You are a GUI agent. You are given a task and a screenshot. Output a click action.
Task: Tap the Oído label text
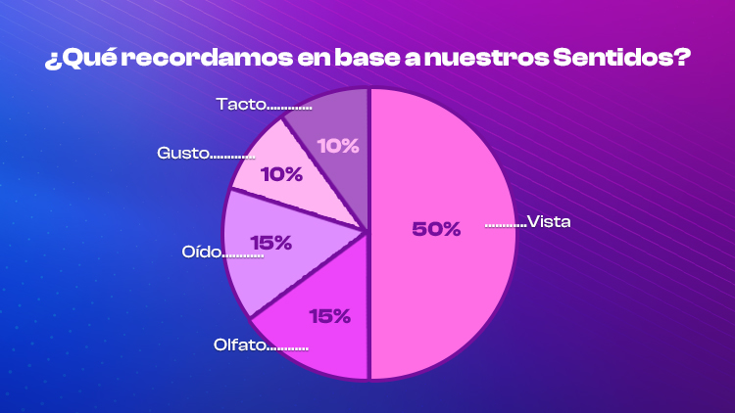pyautogui.click(x=202, y=252)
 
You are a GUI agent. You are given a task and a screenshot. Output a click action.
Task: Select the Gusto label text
pyautogui.click(x=182, y=153)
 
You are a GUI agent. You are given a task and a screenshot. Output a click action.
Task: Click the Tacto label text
pyautogui.click(x=239, y=102)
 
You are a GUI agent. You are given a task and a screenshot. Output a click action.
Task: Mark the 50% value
pyautogui.click(x=436, y=229)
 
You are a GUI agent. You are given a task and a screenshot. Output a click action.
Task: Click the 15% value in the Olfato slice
pyautogui.click(x=329, y=316)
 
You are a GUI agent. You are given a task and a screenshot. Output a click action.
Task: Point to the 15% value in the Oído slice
pyautogui.click(x=270, y=242)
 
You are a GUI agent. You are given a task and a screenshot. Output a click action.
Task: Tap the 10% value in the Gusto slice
pyautogui.click(x=281, y=176)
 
